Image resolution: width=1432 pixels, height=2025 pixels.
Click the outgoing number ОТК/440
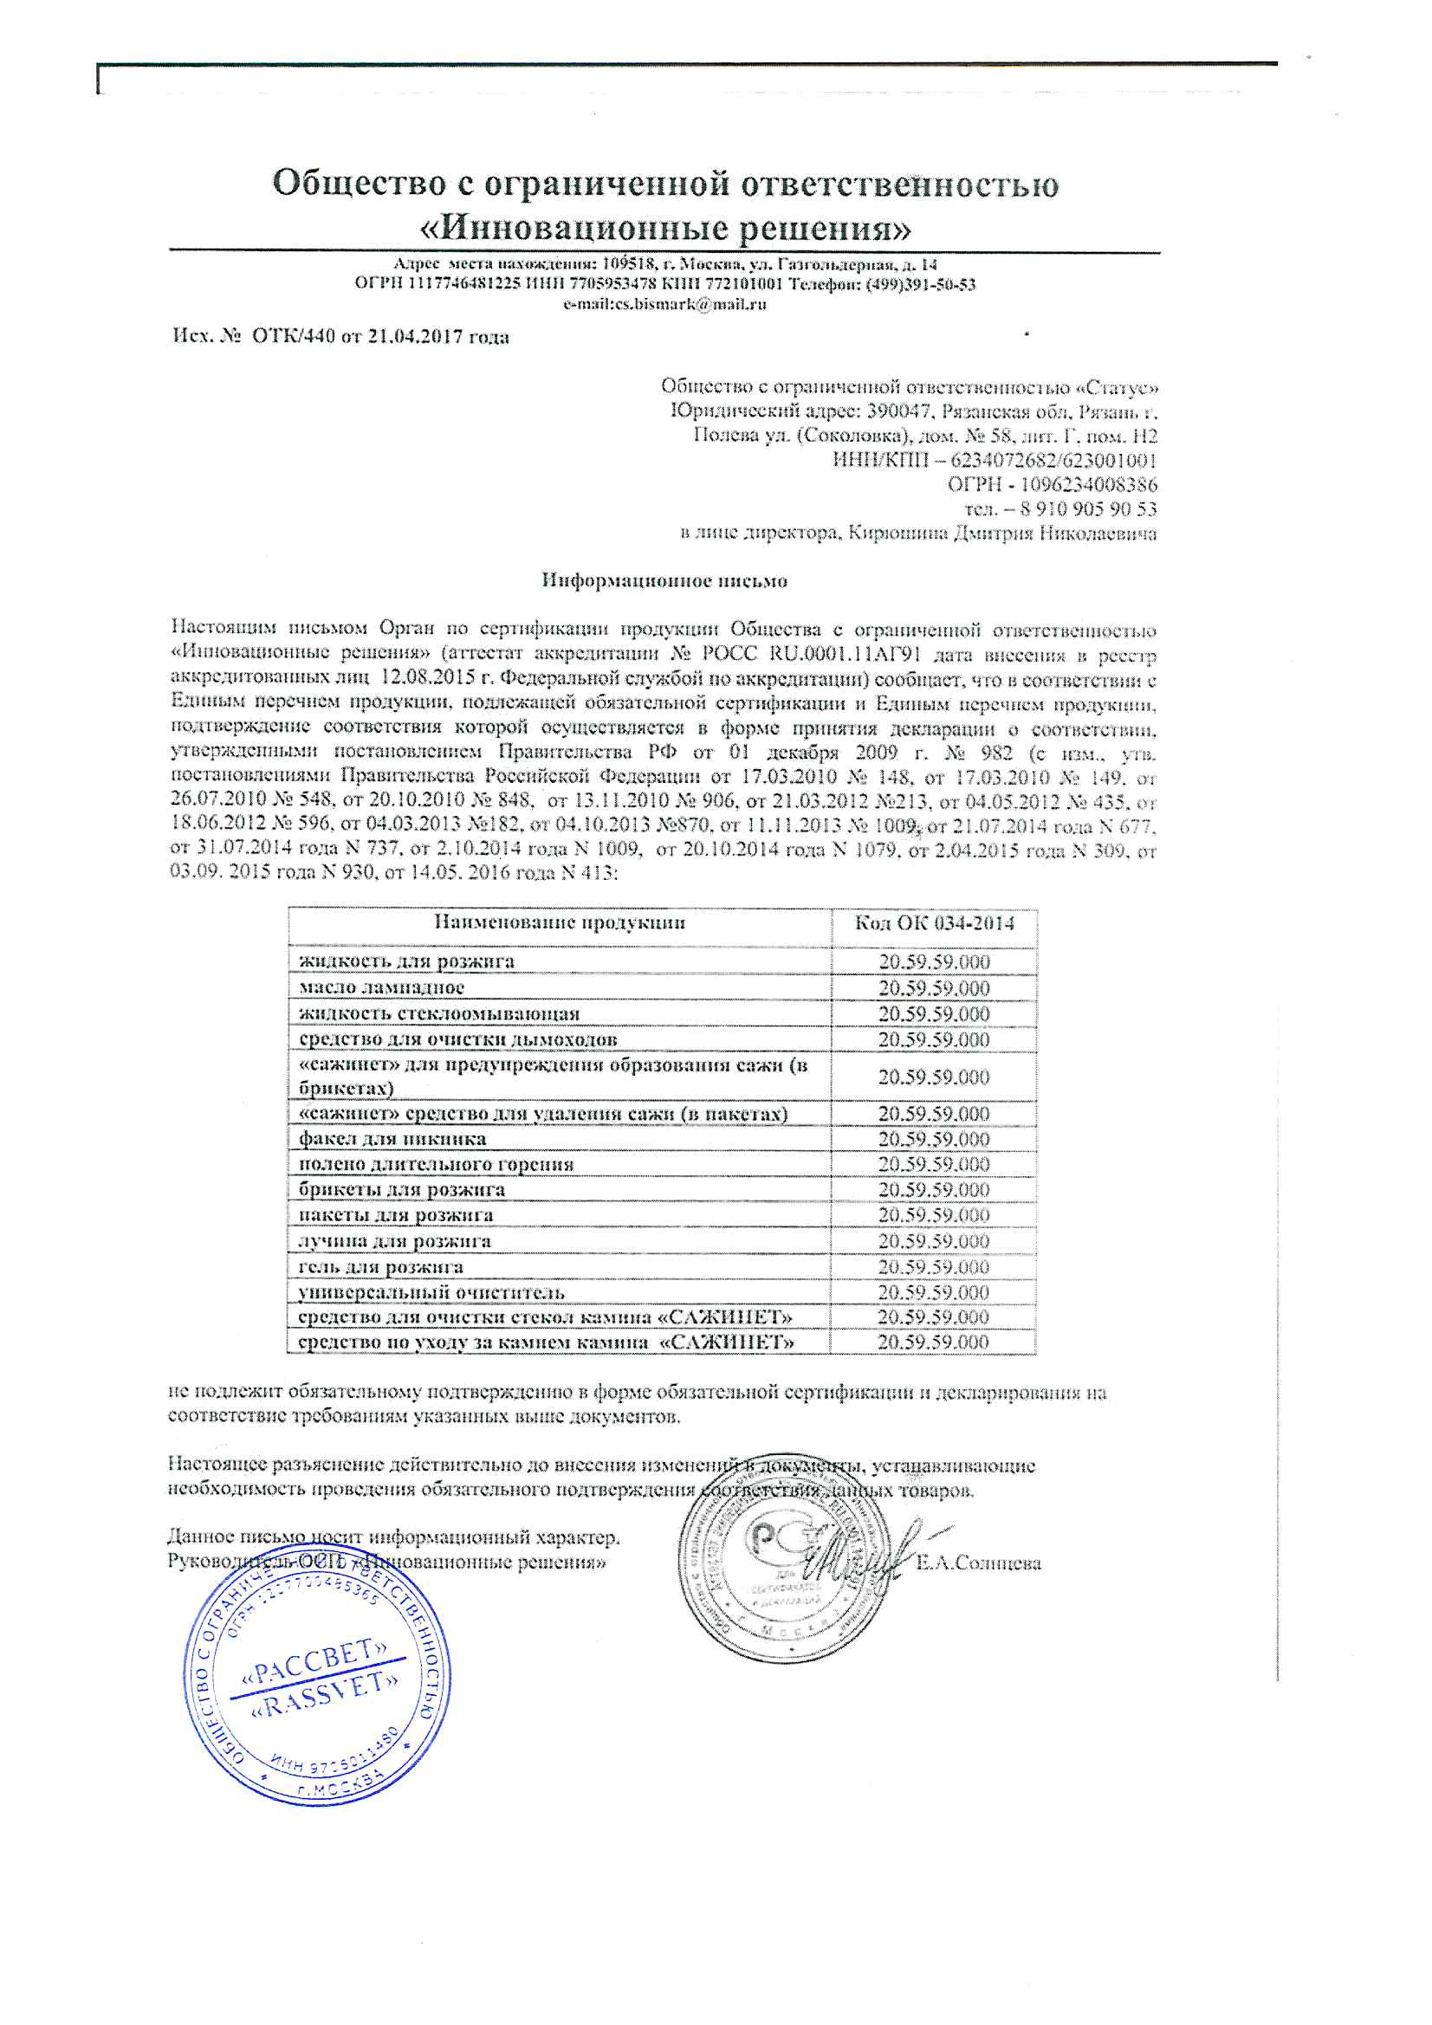point(293,337)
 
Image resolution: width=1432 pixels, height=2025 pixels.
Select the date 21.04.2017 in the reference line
point(415,337)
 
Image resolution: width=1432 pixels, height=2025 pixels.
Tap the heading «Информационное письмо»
point(664,581)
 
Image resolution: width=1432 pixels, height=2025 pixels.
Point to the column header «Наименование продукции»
point(560,922)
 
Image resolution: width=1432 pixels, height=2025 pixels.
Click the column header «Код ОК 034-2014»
point(934,922)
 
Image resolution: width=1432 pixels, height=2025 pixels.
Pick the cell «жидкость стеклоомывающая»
point(438,1013)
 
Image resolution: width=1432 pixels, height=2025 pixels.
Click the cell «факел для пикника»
point(392,1139)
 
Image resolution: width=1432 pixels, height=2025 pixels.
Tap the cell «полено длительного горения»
point(436,1164)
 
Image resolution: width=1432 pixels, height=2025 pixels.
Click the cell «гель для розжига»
point(381,1266)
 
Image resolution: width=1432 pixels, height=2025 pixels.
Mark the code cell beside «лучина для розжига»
point(934,1241)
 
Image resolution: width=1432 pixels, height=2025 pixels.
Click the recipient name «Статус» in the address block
point(1120,387)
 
